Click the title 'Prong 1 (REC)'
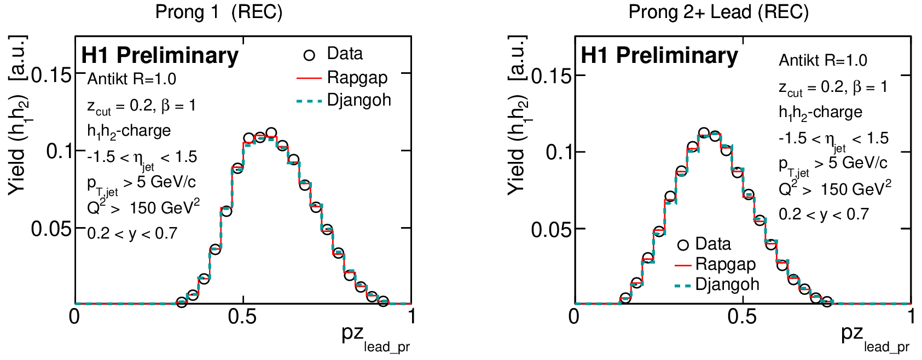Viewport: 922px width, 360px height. (x=219, y=12)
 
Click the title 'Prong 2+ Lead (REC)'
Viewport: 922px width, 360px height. (x=718, y=12)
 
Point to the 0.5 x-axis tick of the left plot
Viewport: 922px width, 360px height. (x=243, y=317)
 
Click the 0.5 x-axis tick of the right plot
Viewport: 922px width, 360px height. (x=743, y=317)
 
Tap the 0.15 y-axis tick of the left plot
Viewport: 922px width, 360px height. (x=51, y=75)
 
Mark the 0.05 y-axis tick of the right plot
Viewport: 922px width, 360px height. (x=551, y=229)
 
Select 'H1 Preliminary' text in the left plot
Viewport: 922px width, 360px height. (x=160, y=56)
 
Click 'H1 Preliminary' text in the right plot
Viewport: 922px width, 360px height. (x=659, y=56)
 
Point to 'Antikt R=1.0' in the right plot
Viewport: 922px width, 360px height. (x=823, y=60)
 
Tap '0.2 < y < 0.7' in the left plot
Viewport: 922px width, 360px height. (x=132, y=234)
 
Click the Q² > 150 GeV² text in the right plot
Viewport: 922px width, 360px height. (x=834, y=189)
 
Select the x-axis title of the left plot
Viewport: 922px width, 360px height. (x=375, y=338)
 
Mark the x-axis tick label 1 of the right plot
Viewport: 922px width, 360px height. (x=911, y=317)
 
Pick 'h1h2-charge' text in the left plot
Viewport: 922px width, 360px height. (x=129, y=131)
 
